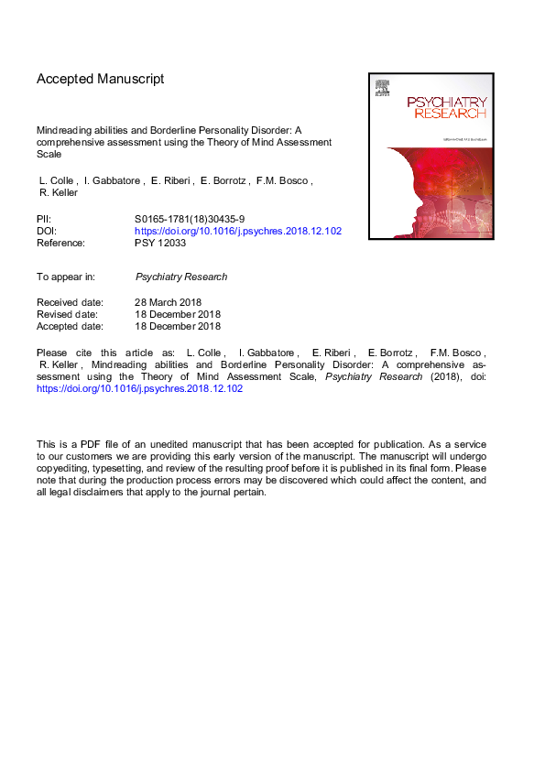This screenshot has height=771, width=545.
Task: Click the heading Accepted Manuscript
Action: tap(100, 79)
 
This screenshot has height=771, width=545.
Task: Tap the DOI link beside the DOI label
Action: tap(237, 231)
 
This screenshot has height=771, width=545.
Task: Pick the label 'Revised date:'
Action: tap(68, 314)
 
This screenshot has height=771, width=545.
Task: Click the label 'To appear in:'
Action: tap(68, 277)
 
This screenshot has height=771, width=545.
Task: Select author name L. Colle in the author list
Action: tap(56, 181)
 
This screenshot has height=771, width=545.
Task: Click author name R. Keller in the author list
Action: tap(60, 193)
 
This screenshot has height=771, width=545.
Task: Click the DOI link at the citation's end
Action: tap(139, 388)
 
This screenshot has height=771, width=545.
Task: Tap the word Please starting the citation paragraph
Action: tap(52, 353)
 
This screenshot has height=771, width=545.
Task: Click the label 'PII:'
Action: tap(46, 219)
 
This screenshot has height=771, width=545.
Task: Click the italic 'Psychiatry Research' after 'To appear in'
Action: tap(180, 277)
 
